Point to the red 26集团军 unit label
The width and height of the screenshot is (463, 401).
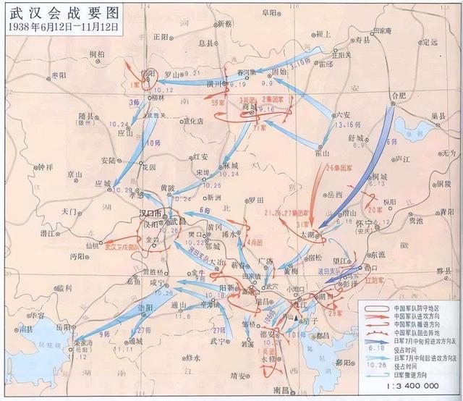[x=338, y=171]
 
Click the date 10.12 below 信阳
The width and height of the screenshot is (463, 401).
[x=165, y=90]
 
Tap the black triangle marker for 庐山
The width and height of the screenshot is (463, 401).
[x=295, y=316]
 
